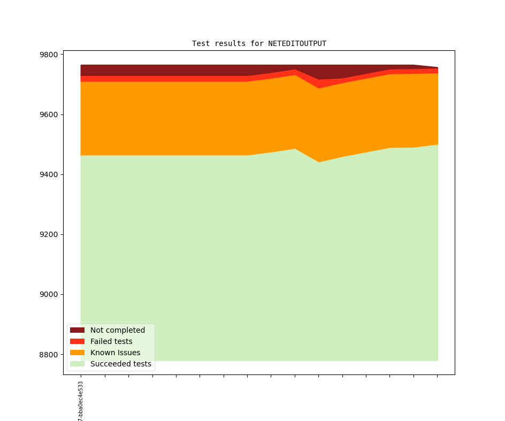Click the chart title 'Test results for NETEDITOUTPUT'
tap(259, 43)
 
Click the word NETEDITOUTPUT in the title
tap(297, 43)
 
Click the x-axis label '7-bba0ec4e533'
tap(81, 401)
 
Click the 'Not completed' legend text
tap(118, 330)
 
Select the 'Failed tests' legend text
tap(111, 341)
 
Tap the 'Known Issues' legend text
tap(115, 353)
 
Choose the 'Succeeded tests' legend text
tap(121, 364)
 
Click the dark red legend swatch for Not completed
tap(78, 330)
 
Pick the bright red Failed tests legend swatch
tap(78, 341)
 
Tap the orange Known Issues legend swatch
tap(78, 353)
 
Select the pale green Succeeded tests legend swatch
tap(78, 364)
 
